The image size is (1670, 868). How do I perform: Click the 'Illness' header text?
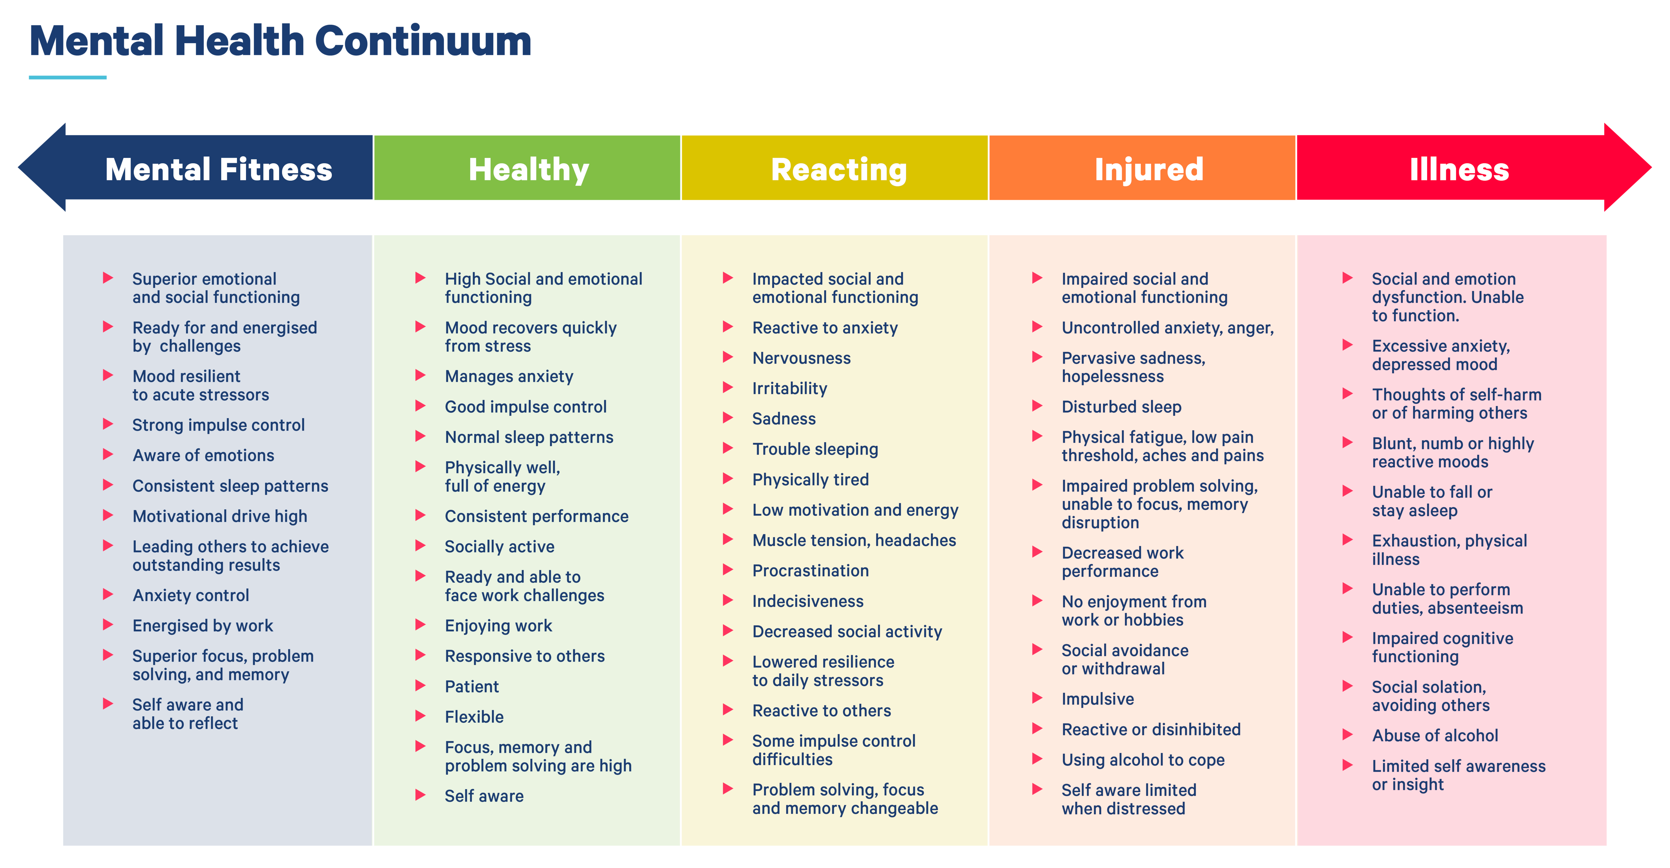[x=1459, y=169]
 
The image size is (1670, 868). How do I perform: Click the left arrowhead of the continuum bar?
[x=42, y=167]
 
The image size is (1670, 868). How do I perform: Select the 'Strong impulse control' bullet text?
[x=218, y=425]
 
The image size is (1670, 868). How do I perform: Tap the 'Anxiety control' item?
[x=191, y=596]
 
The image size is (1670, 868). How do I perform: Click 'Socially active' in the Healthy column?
[x=499, y=547]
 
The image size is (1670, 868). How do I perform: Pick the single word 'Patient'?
[x=472, y=687]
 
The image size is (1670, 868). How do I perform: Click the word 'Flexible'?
[x=474, y=717]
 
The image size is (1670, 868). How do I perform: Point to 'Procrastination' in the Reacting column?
[x=810, y=571]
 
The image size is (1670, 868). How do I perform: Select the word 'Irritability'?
[x=790, y=389]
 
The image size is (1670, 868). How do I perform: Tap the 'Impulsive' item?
[x=1098, y=699]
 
